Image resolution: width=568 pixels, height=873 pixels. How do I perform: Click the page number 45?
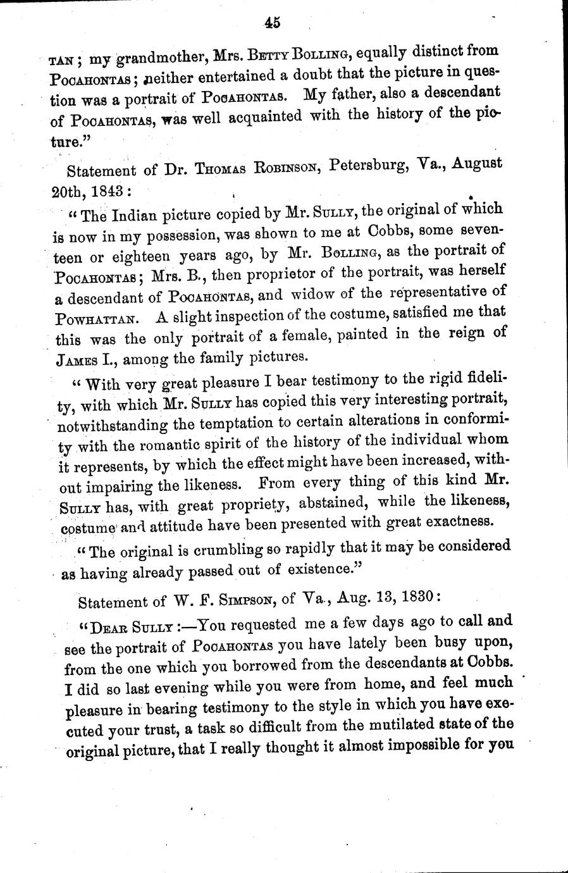(x=273, y=23)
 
